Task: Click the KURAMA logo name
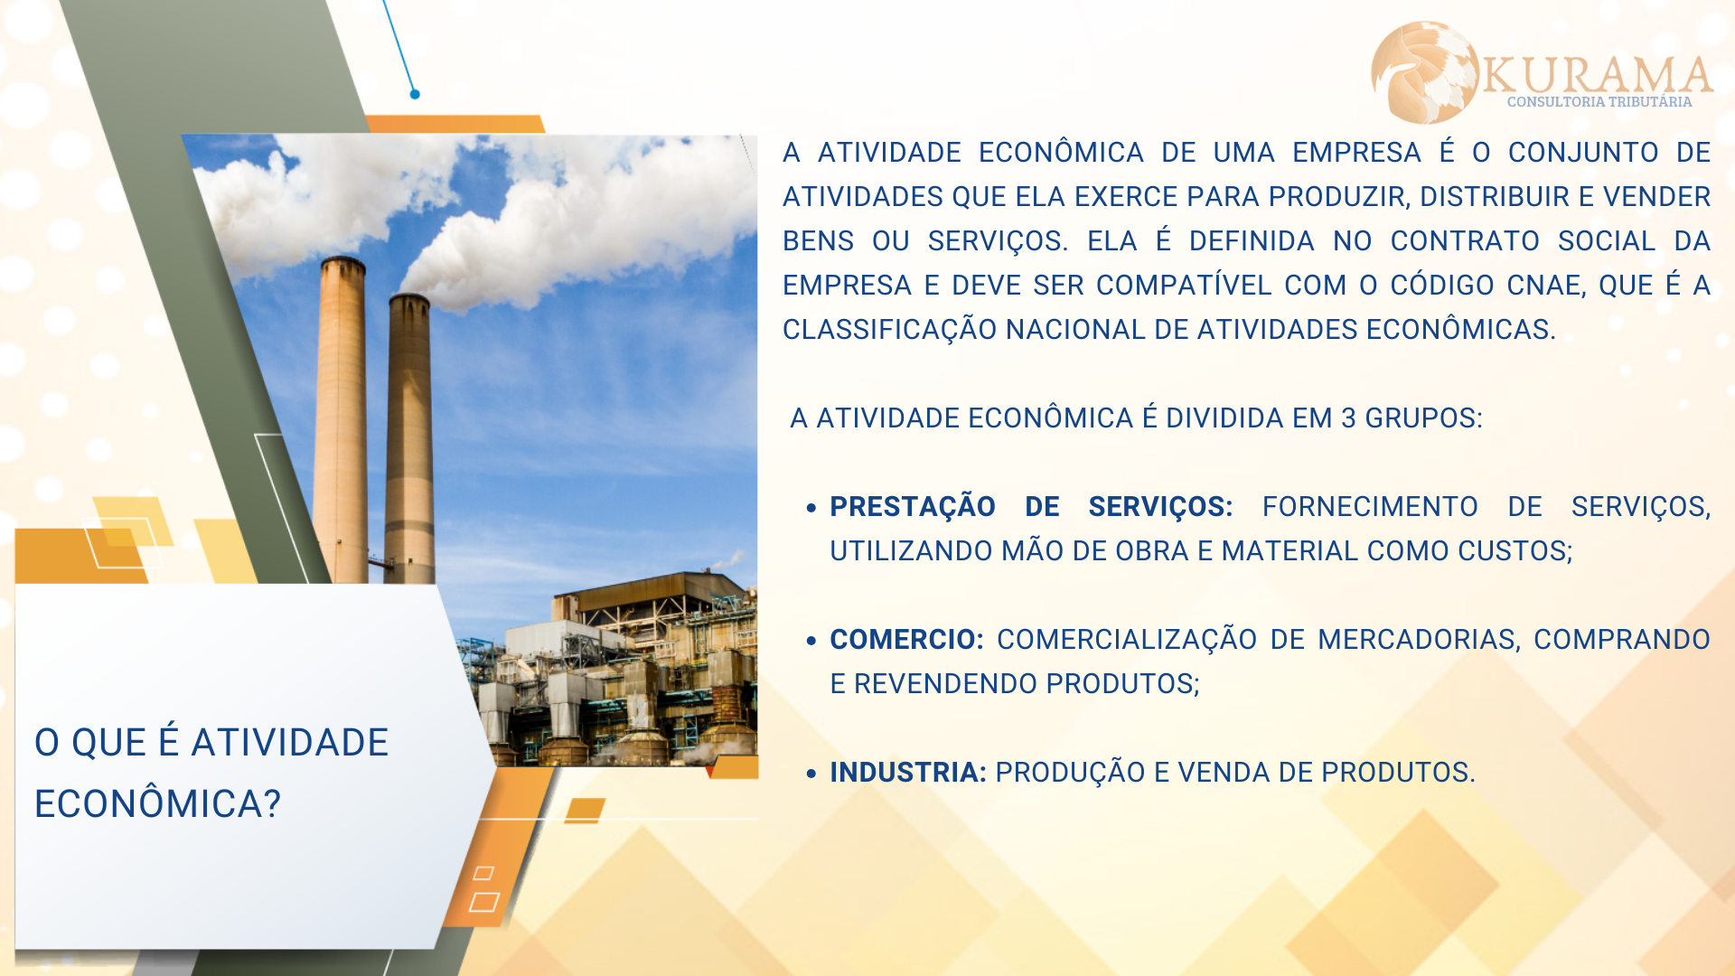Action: click(1597, 74)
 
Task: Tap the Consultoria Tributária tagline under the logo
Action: click(1599, 102)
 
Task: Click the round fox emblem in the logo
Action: click(1425, 72)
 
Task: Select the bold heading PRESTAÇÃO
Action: click(913, 507)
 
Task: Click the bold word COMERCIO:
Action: click(906, 639)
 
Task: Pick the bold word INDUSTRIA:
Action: click(908, 773)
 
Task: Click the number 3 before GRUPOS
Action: click(1348, 418)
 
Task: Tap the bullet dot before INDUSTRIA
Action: click(811, 774)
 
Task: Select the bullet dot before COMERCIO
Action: click(811, 641)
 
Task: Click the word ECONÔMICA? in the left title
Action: click(158, 803)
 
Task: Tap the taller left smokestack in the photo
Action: click(341, 420)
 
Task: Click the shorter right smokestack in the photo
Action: click(409, 438)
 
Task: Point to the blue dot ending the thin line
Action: click(415, 94)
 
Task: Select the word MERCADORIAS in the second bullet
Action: click(1419, 640)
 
